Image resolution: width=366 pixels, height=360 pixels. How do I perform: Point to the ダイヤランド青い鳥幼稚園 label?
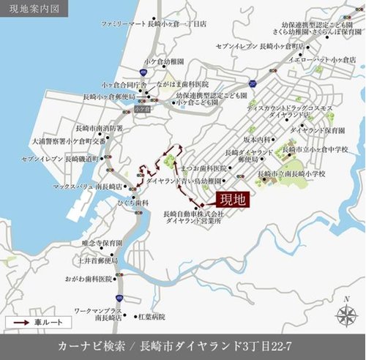[x=183, y=179]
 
